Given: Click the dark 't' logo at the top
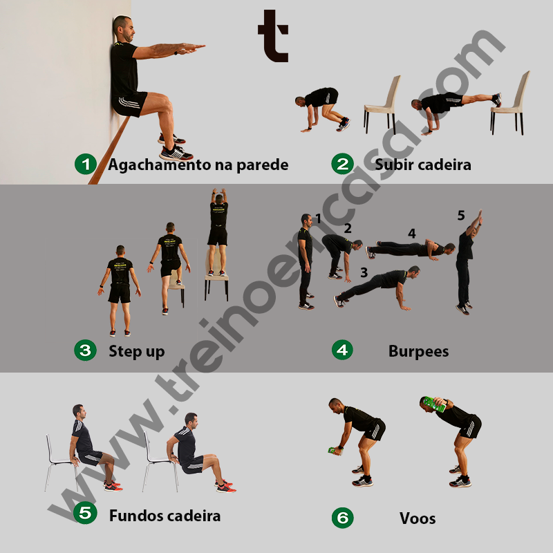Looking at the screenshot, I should (272, 35).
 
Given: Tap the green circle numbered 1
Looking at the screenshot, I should (85, 165).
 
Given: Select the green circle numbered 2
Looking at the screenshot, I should (341, 165).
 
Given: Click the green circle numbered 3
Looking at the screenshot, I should (85, 351).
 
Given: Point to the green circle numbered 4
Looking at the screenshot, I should (341, 350).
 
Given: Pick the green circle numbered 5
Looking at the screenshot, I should (85, 514).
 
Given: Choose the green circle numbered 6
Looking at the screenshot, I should (341, 517).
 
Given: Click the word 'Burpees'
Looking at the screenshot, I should (418, 351).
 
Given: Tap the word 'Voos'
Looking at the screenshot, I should (418, 518).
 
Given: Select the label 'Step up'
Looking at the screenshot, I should (136, 351).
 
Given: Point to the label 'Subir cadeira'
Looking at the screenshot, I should (422, 165).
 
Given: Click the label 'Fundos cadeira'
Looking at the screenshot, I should (165, 515).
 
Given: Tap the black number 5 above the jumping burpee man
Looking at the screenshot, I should (461, 216).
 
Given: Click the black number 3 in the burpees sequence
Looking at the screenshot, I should (364, 272).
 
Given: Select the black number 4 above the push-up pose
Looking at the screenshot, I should (412, 234).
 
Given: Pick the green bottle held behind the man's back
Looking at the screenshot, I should (434, 404).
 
